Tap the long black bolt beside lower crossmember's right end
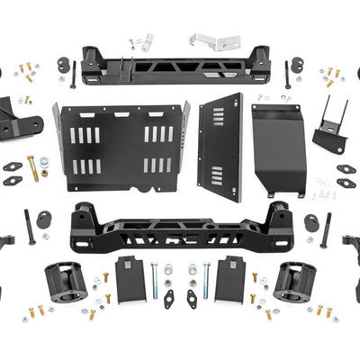(x=326, y=230)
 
